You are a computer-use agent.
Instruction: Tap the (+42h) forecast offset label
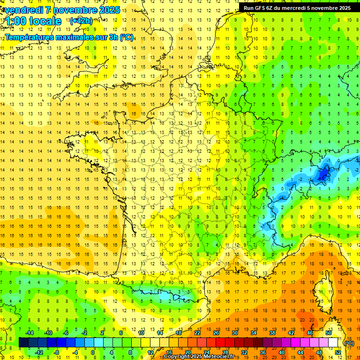click(x=81, y=21)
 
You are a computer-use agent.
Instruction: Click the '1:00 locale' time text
click(x=33, y=21)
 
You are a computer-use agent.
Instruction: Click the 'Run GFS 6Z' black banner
click(x=297, y=8)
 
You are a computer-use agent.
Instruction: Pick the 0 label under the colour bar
click(x=93, y=352)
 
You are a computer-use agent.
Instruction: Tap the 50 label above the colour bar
click(x=328, y=333)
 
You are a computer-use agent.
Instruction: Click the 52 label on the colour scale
click(x=337, y=352)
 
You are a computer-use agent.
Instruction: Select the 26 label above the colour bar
click(x=216, y=333)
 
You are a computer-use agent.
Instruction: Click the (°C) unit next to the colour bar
click(x=349, y=343)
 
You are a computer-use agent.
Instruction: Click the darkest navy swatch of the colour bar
click(x=23, y=343)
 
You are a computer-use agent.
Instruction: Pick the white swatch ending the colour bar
click(x=333, y=343)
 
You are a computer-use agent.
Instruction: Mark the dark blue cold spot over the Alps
click(x=322, y=174)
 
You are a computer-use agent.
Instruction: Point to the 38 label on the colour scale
click(x=272, y=333)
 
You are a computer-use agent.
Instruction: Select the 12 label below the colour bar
click(x=150, y=352)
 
